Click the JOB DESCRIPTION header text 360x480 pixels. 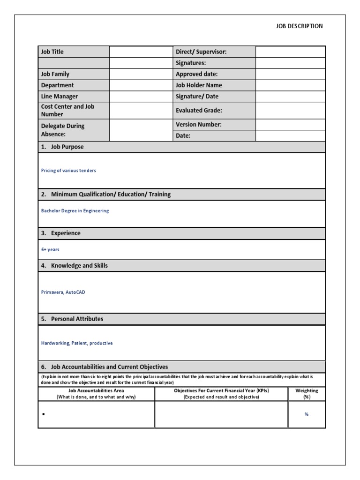click(299, 26)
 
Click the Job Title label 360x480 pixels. click(52, 52)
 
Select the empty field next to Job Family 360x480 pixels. click(141, 74)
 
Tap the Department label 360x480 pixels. click(57, 85)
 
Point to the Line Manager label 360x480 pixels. click(59, 97)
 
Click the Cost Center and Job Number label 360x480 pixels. click(67, 110)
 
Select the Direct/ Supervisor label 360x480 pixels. click(201, 52)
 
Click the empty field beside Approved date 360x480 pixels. click(290, 74)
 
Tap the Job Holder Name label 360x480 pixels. click(199, 85)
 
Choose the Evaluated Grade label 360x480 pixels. click(199, 111)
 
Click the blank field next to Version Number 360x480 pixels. click(290, 125)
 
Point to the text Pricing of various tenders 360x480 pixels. click(68, 171)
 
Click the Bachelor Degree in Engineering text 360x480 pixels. click(75, 211)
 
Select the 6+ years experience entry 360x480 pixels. click(50, 250)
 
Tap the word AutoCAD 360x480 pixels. click(75, 292)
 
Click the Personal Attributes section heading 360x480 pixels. click(77, 319)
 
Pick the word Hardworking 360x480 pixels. click(55, 343)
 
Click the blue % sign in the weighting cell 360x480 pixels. click(306, 414)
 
